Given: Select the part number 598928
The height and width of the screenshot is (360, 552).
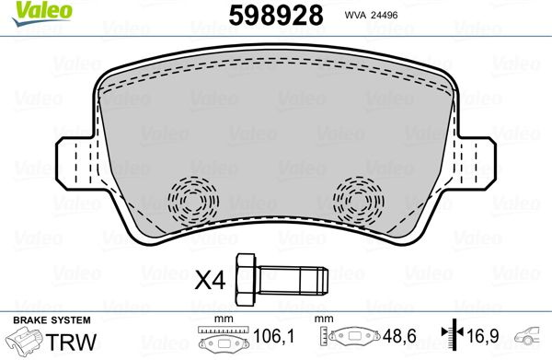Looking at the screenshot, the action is point(276,16).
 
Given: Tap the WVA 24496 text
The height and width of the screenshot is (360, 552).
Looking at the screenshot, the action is point(371,15).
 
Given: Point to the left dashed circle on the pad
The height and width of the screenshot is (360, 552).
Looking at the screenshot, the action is point(193,201).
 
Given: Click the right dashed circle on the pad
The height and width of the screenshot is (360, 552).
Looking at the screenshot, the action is point(359,201).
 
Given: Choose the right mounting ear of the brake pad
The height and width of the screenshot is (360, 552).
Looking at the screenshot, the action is point(476,164).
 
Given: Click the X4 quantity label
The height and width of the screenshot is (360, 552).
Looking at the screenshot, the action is point(210,281).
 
